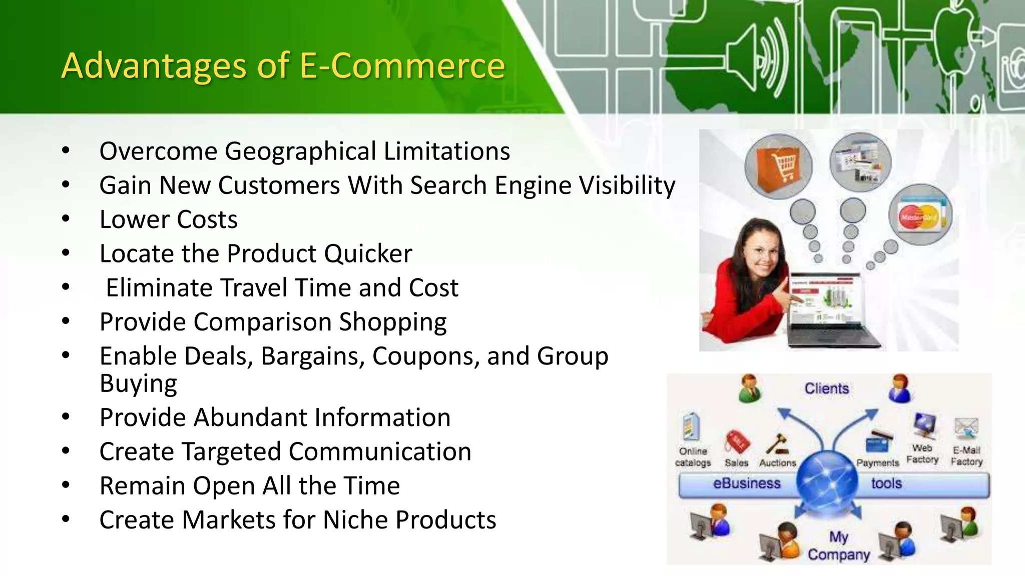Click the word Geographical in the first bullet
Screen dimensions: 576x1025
click(300, 151)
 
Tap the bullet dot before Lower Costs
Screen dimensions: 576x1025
click(66, 218)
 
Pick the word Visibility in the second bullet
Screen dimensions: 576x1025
click(627, 185)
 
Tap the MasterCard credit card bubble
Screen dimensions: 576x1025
click(920, 215)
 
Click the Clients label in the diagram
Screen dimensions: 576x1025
click(826, 388)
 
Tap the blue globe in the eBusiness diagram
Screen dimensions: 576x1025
click(826, 482)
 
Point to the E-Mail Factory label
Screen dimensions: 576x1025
click(966, 456)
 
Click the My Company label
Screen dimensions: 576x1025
click(839, 546)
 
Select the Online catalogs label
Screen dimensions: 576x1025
click(693, 457)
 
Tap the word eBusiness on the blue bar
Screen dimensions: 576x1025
click(746, 483)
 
